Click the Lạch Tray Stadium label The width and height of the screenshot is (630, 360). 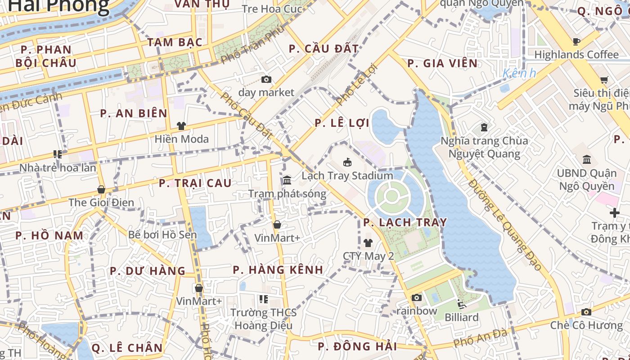tap(347, 175)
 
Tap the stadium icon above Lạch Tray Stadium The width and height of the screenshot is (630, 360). tap(347, 162)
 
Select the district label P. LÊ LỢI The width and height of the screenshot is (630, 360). tap(342, 123)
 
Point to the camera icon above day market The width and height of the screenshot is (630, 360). tap(266, 80)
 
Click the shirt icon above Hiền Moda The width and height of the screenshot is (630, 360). tap(181, 126)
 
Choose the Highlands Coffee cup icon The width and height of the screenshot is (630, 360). tap(576, 42)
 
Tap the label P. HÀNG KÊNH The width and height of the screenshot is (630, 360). tap(278, 270)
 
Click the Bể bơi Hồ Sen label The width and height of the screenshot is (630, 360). tap(162, 235)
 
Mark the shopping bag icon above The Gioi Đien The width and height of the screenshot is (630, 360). tap(101, 189)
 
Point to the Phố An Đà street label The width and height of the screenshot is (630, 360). tap(481, 338)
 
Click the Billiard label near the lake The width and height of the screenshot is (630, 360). tap(462, 317)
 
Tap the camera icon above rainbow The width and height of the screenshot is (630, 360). tap(417, 297)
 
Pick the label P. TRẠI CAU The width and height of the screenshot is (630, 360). tap(195, 183)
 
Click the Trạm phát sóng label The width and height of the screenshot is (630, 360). tap(287, 194)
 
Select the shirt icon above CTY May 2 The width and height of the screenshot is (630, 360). tap(368, 243)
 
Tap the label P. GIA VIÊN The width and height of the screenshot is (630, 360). tap(442, 63)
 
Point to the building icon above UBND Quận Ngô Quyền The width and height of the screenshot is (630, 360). tap(587, 160)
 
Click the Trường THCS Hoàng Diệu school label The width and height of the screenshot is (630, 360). tap(264, 319)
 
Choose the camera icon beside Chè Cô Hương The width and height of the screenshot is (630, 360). tap(586, 312)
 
